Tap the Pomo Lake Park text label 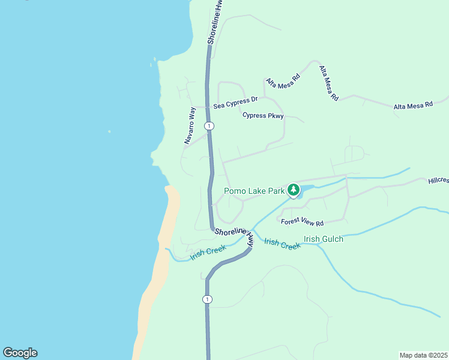coord(254,191)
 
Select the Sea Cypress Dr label coord(235,103)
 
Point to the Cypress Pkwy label coord(262,116)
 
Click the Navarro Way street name coord(190,125)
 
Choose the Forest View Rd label coord(303,221)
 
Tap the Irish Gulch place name coord(324,239)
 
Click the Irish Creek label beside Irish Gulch coord(282,244)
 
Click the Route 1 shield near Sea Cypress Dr coord(208,125)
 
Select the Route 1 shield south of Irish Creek coord(207,299)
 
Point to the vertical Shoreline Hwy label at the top coord(215,22)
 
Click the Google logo coord(20,353)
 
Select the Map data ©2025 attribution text coord(423,355)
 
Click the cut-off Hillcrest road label coord(438,180)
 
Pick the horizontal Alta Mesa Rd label coord(413,106)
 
